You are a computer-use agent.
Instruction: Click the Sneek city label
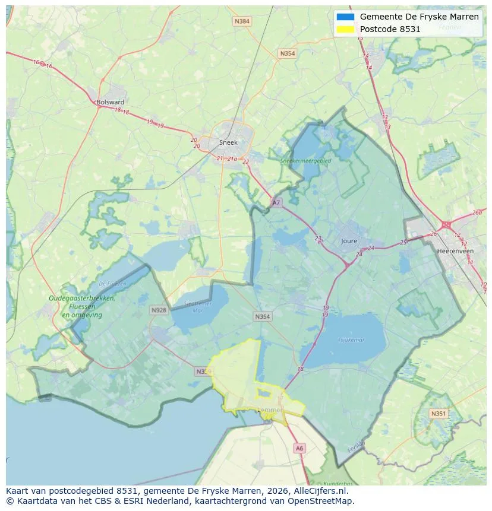228,142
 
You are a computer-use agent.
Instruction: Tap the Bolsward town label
110,102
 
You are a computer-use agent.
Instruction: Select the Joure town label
349,242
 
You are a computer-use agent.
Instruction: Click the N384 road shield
242,21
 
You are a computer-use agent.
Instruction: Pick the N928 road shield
159,310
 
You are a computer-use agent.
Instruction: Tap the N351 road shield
439,414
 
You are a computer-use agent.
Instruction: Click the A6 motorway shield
299,449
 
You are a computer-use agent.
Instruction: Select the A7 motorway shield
276,203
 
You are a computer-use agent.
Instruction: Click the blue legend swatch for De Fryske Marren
345,17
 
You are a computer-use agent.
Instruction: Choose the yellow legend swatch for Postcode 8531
345,29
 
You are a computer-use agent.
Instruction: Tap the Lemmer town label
271,410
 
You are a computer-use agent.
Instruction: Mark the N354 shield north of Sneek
287,53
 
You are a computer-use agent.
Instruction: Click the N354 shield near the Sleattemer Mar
262,316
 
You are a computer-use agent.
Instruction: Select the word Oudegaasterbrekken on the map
82,299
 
